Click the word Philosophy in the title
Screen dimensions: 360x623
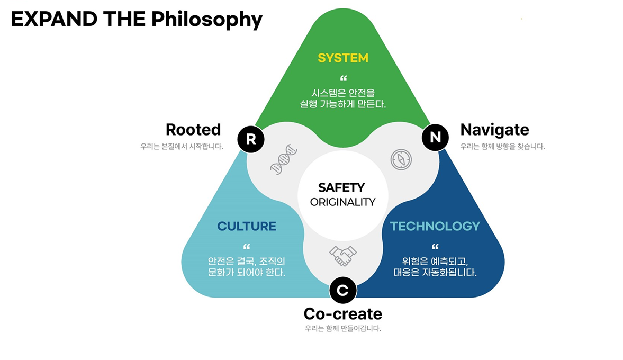tap(206, 20)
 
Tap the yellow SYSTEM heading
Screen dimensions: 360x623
tap(342, 58)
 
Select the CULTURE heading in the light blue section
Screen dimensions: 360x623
tap(247, 227)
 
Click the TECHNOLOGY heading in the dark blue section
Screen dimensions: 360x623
tap(435, 227)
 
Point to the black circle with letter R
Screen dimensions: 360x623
tap(251, 139)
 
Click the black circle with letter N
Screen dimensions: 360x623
tap(435, 138)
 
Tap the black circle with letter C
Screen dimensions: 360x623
tap(342, 290)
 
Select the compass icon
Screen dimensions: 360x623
tap(401, 159)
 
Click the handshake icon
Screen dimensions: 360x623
tap(342, 256)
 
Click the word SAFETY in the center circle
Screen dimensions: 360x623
tap(341, 187)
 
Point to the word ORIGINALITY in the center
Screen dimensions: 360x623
tap(342, 202)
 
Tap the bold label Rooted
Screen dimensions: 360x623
tap(193, 130)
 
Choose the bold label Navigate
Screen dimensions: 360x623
tap(494, 130)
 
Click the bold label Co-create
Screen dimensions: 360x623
tap(342, 314)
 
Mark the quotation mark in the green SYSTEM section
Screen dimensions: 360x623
tap(343, 79)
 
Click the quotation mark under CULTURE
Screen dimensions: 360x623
tap(246, 247)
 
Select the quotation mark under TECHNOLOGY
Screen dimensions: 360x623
tap(435, 247)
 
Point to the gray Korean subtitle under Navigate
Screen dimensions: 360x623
tap(502, 147)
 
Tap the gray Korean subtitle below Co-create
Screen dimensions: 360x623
tap(342, 328)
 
